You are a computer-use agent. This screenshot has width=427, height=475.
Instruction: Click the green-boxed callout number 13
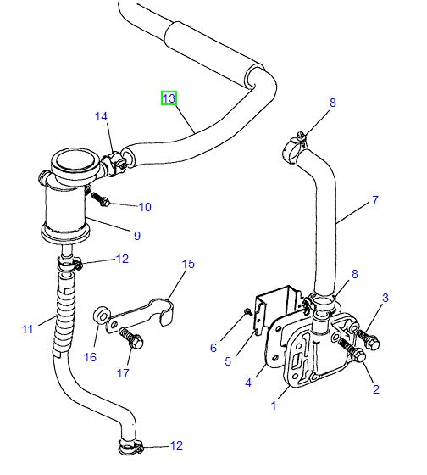pyautogui.click(x=169, y=99)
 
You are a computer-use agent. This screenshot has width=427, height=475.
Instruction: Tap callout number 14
pyautogui.click(x=102, y=117)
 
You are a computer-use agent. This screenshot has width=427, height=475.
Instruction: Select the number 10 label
pyautogui.click(x=145, y=206)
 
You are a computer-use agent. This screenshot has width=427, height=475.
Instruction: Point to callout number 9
pyautogui.click(x=136, y=235)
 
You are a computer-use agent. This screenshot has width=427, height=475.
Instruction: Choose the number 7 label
pyautogui.click(x=374, y=202)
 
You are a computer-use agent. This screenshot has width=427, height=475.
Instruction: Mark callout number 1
pyautogui.click(x=274, y=406)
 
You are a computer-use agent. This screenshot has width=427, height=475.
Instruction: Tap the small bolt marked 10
pyautogui.click(x=103, y=200)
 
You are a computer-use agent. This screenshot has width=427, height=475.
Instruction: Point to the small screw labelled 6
pyautogui.click(x=247, y=312)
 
